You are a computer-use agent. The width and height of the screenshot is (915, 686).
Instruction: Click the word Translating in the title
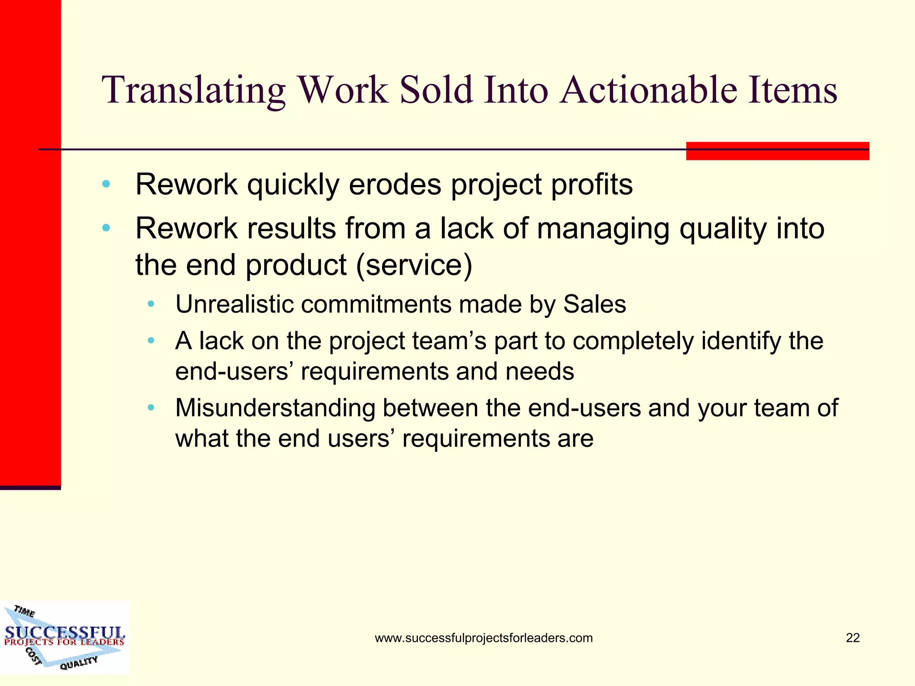(193, 91)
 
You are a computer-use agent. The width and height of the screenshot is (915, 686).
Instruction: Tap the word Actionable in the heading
(648, 91)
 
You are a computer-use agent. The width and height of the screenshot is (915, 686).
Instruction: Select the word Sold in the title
(436, 91)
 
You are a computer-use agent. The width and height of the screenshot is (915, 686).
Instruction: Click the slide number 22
(852, 638)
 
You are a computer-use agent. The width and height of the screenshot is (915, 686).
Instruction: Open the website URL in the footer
(483, 638)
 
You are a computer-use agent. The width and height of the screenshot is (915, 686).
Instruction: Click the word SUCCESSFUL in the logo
(65, 632)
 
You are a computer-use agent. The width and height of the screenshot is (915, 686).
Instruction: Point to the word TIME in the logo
(24, 611)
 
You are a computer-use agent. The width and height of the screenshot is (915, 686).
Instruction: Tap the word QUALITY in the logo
(79, 663)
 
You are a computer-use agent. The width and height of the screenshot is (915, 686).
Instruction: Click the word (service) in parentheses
(414, 265)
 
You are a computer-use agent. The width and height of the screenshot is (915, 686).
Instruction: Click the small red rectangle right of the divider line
(777, 151)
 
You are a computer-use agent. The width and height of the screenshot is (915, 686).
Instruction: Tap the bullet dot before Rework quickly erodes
(106, 184)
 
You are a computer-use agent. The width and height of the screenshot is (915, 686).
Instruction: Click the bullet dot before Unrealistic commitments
(151, 305)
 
